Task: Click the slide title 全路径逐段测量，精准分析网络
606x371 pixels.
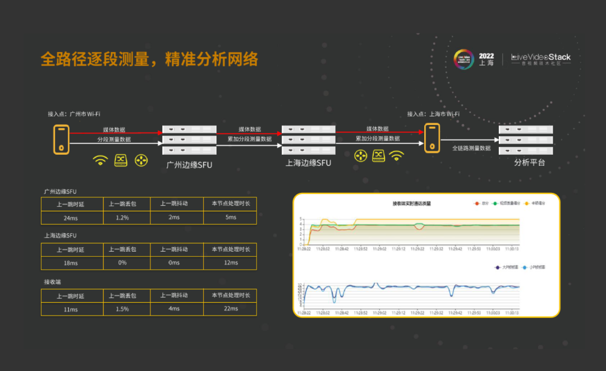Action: tap(149, 59)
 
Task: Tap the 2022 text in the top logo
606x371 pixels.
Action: tap(486, 56)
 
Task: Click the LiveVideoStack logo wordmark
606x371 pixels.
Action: tap(541, 57)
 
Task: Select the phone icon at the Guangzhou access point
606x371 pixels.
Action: tap(61, 140)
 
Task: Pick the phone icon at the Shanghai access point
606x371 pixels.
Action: tap(431, 140)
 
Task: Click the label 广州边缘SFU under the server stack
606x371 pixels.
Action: tap(189, 165)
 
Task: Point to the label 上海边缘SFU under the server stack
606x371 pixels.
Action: tap(308, 163)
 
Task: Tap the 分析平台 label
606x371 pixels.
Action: tap(529, 163)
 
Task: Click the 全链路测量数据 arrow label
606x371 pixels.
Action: tap(471, 149)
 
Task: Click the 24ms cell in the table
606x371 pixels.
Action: tap(71, 217)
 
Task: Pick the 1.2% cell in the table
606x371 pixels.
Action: tap(122, 217)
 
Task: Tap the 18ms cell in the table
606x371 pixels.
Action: tap(71, 263)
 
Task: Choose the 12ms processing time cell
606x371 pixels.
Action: tap(231, 263)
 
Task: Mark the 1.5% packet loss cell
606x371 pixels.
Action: tap(122, 309)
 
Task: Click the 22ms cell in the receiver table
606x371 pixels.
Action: tap(231, 309)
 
